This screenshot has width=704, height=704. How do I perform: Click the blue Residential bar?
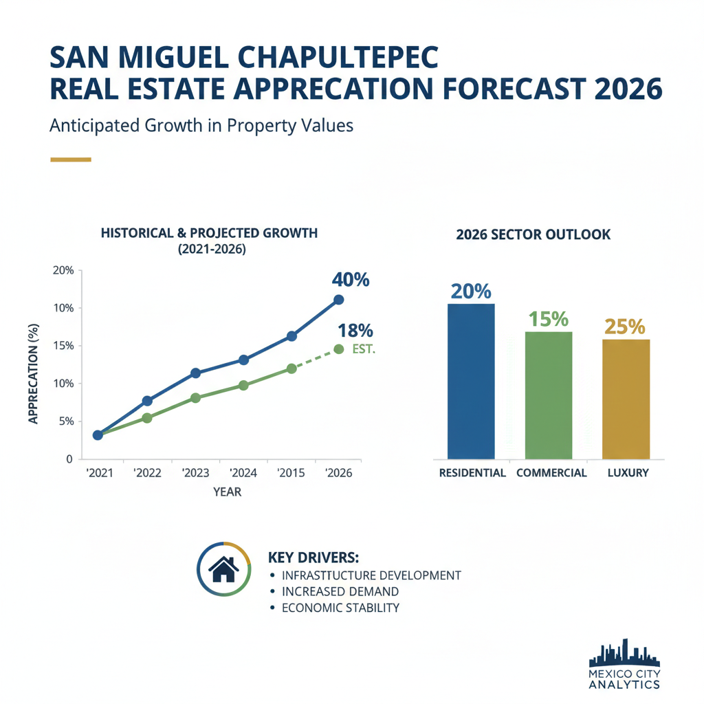tap(471, 382)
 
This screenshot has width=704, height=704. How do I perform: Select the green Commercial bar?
tap(548, 395)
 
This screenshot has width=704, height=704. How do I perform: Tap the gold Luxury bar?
tap(626, 399)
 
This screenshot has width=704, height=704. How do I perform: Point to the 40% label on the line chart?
tap(351, 280)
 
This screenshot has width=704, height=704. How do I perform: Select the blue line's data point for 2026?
tap(338, 300)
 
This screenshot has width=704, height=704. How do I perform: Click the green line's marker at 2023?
tap(195, 397)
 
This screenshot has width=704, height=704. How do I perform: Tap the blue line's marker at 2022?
tap(147, 401)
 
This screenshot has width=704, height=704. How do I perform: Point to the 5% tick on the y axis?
tap(63, 421)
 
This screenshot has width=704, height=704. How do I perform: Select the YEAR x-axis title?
tap(227, 493)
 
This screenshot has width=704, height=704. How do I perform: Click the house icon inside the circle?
tap(223, 569)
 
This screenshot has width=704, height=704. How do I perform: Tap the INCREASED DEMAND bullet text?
tap(340, 591)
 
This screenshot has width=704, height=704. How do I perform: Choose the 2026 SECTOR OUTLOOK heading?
tap(533, 234)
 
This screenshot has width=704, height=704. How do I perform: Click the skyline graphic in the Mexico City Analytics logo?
tap(624, 653)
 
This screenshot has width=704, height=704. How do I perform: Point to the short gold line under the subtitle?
tap(71, 159)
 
